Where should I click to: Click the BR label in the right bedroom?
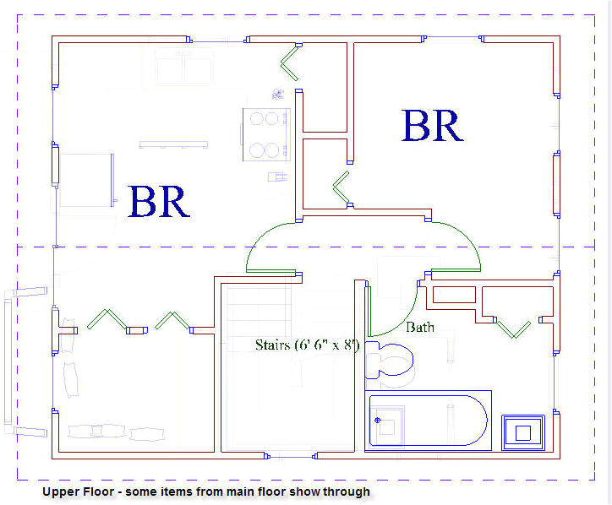coord(432,126)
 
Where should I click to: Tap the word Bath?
coord(419,327)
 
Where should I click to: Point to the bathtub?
coord(429,418)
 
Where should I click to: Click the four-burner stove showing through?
coord(266,134)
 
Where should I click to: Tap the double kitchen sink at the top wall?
coord(185,66)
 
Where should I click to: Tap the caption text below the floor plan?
coord(205,491)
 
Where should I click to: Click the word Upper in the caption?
coord(59,491)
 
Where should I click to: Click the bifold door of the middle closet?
coord(342,188)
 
